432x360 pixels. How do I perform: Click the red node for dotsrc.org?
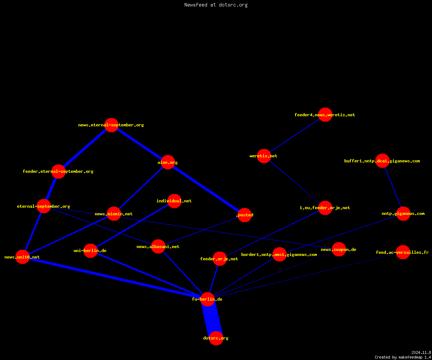click(x=216, y=338)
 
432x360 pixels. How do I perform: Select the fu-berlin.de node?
click(x=207, y=299)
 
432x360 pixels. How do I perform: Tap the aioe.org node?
click(x=168, y=162)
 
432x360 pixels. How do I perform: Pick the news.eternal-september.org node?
click(x=111, y=125)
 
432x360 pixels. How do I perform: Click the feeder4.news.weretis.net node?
click(x=325, y=114)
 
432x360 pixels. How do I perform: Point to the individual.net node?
click(x=174, y=201)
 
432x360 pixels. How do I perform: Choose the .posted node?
click(x=244, y=215)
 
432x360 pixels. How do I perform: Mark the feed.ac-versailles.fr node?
click(x=403, y=252)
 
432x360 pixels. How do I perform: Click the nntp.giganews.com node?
click(x=403, y=213)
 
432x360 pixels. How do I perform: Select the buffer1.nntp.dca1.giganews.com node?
click(x=382, y=161)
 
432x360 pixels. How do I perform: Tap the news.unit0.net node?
click(x=23, y=257)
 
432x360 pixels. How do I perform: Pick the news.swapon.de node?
click(x=339, y=249)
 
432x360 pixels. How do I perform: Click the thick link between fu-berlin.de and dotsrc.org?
click(x=212, y=319)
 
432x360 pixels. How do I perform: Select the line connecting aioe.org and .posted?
click(x=206, y=189)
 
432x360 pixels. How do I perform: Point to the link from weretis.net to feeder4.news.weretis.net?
click(x=294, y=135)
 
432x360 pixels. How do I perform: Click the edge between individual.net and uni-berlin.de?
click(x=132, y=226)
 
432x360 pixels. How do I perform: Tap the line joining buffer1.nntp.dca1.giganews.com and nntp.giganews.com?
click(x=393, y=187)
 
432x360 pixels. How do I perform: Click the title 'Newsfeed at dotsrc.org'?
click(x=216, y=5)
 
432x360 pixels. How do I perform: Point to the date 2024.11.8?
click(x=421, y=352)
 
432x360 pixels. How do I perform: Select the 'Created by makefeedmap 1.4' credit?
click(x=403, y=357)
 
